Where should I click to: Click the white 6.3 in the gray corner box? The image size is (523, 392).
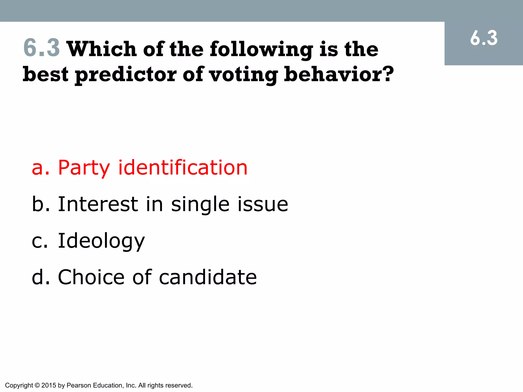coord(484,38)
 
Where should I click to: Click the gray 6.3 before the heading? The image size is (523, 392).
coord(42,48)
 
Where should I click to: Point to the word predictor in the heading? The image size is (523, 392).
coord(126,75)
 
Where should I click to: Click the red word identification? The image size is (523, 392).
coord(183,167)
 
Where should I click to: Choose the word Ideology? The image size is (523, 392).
coord(101,241)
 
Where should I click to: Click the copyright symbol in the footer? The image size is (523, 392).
coord(37,385)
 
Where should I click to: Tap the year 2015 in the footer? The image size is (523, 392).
coord(49,385)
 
